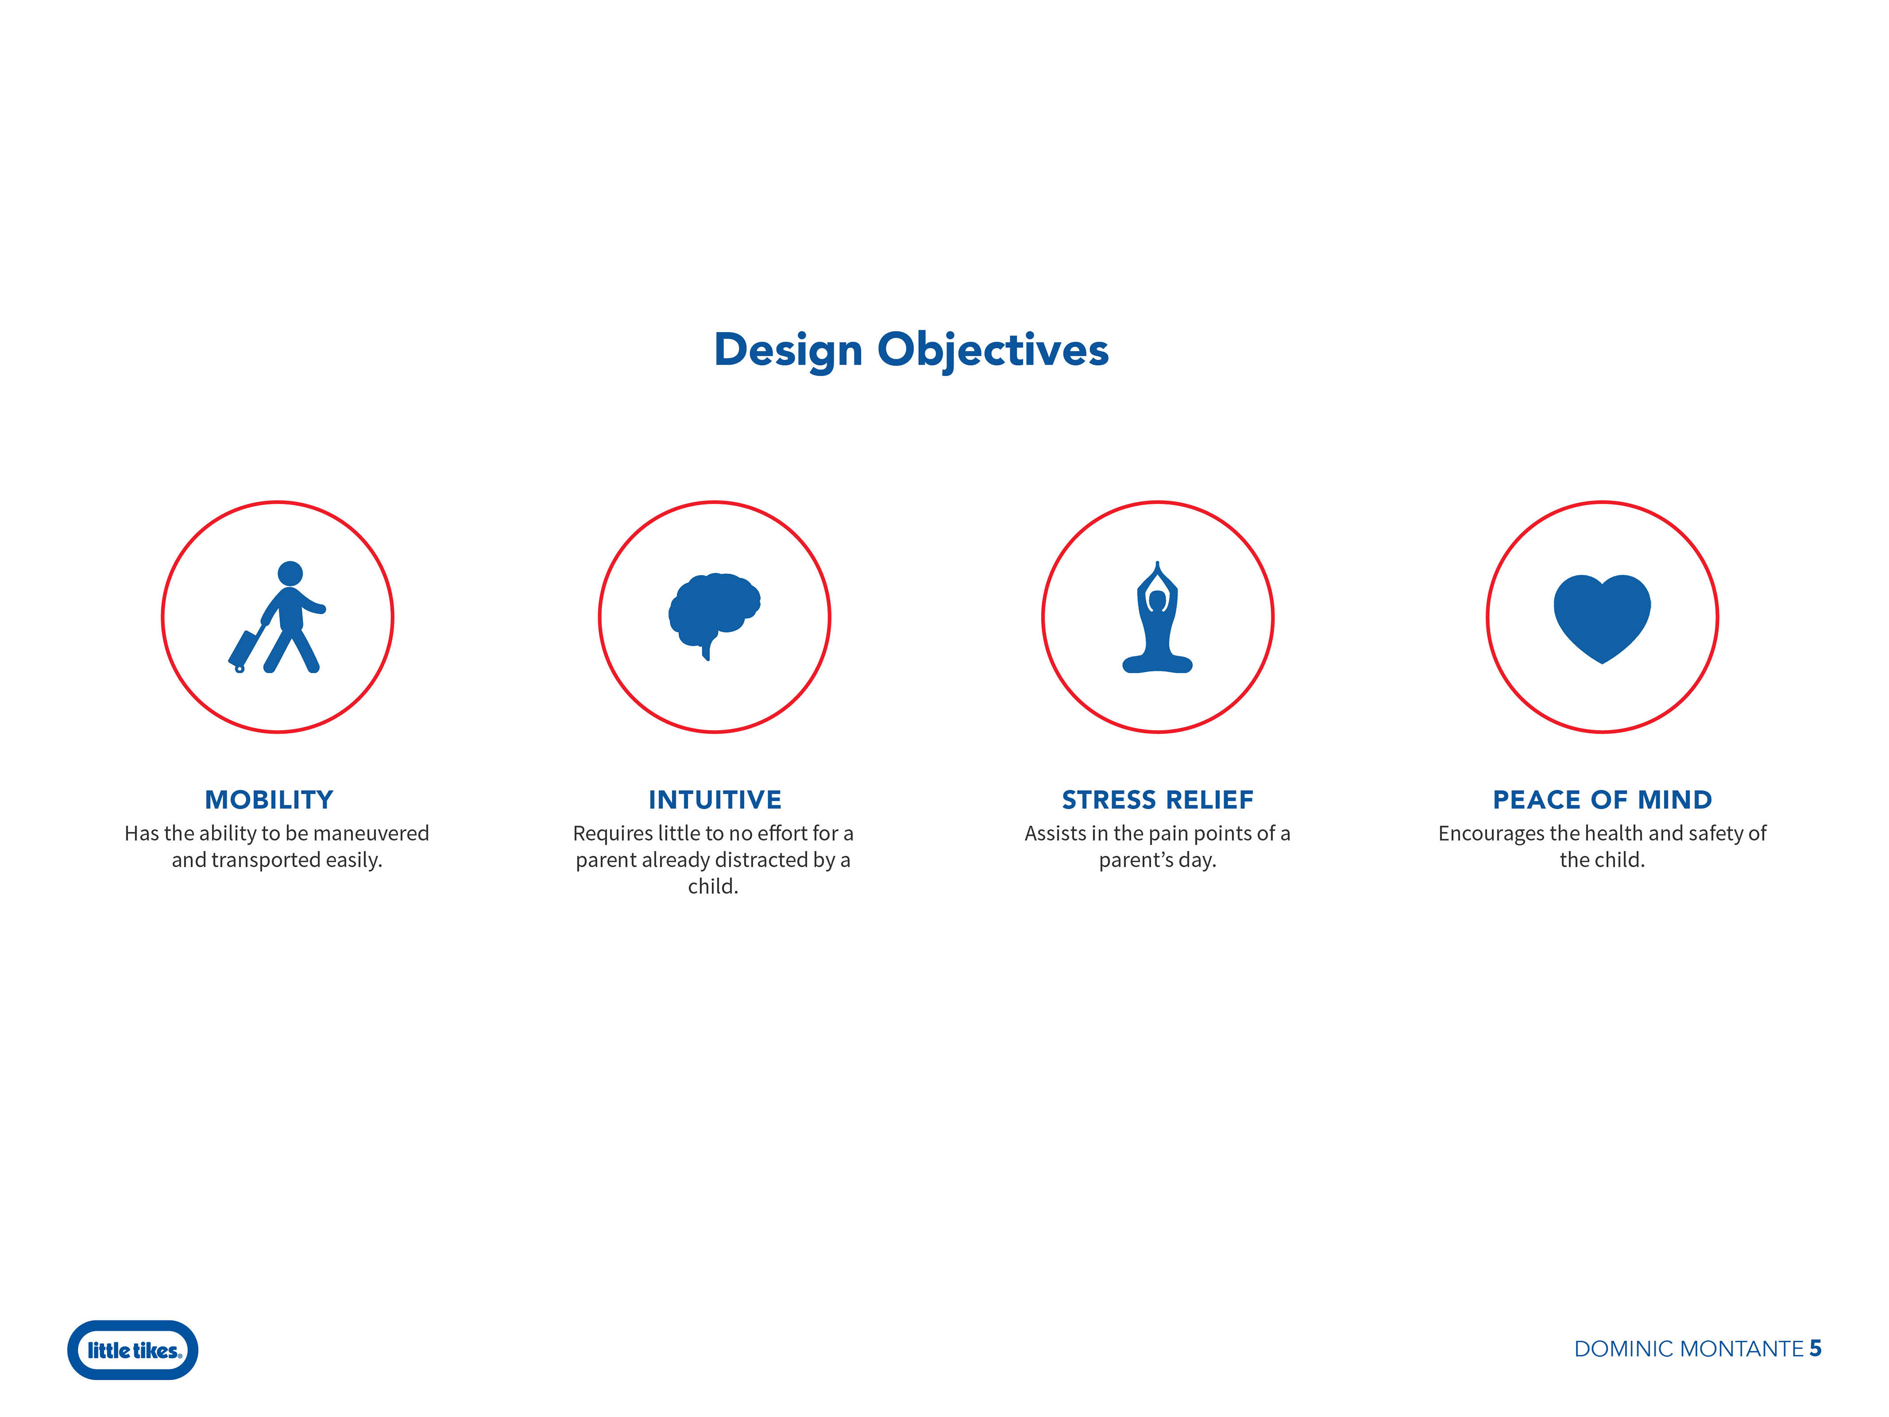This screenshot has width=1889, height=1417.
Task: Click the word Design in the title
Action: (788, 351)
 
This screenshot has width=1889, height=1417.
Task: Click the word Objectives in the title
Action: (993, 351)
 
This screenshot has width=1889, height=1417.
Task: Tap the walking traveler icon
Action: (277, 616)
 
